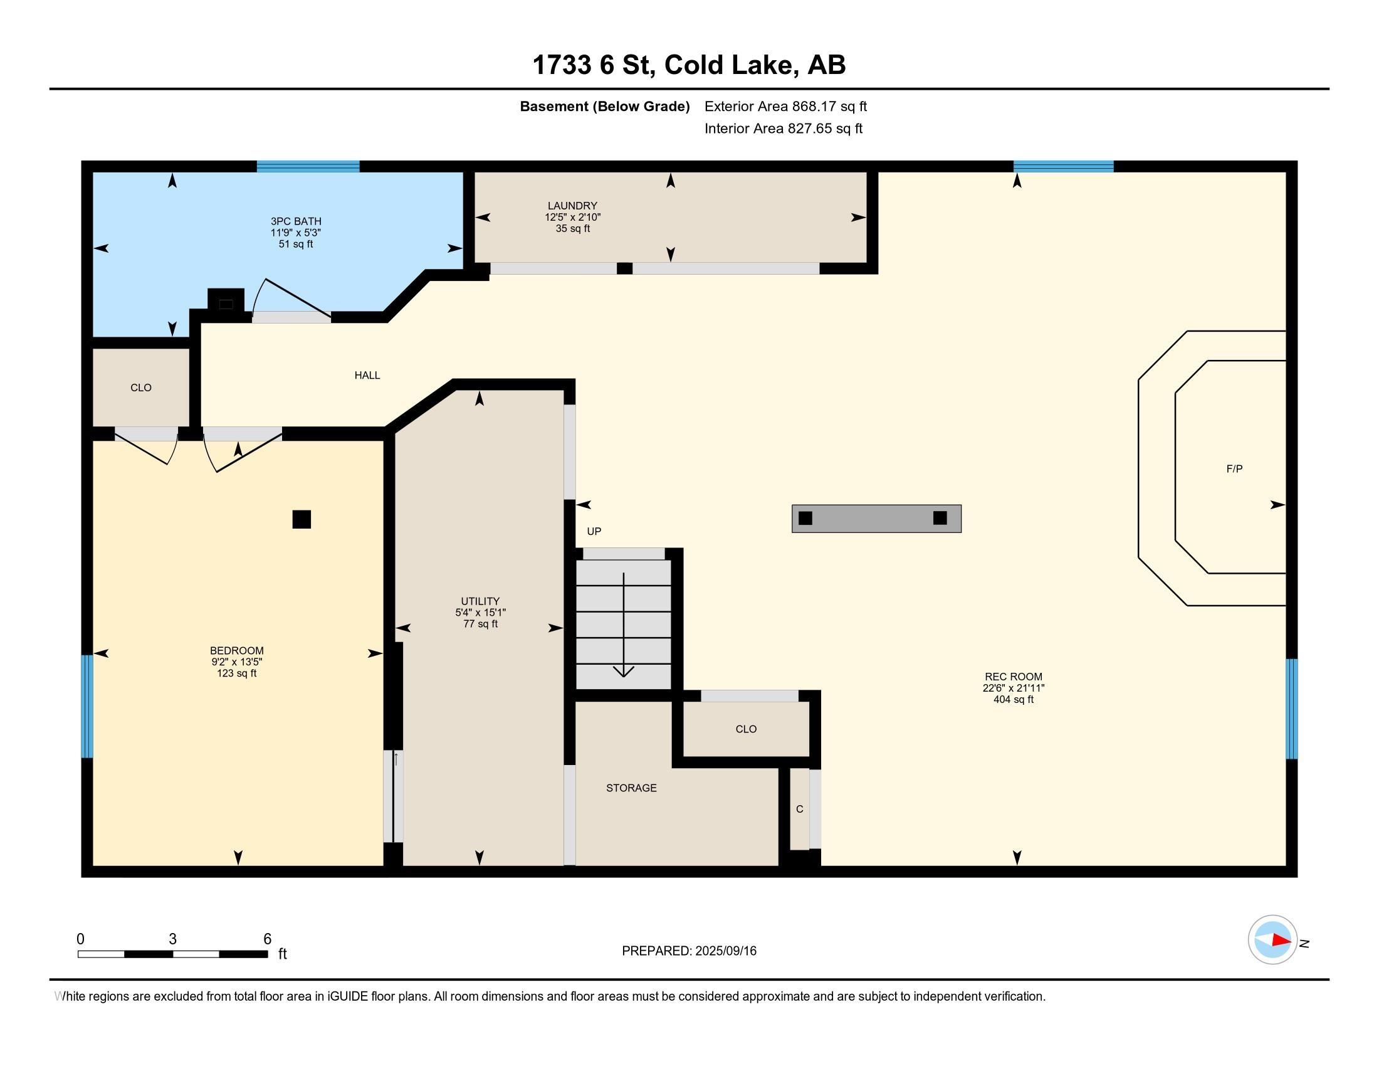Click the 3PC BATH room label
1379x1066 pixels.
click(295, 221)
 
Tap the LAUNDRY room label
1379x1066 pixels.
click(572, 205)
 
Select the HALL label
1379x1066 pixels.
click(367, 375)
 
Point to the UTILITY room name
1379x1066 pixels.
click(480, 601)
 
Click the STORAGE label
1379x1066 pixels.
click(631, 788)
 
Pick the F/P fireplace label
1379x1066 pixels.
click(1234, 468)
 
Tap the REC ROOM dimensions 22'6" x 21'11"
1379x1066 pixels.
click(1014, 689)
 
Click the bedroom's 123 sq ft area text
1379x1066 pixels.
click(237, 673)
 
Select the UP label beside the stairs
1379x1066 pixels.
click(594, 532)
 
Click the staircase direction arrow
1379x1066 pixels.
click(624, 625)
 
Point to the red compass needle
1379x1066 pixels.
click(1281, 940)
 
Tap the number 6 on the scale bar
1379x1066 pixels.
click(267, 939)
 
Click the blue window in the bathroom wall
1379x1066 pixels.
click(308, 167)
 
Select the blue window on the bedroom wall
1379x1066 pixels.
click(87, 706)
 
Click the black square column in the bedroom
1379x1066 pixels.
click(302, 519)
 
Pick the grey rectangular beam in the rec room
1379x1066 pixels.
click(876, 519)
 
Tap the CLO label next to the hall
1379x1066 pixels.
click(141, 388)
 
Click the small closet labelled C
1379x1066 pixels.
click(799, 809)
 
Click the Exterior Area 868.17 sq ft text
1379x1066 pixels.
click(785, 106)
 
